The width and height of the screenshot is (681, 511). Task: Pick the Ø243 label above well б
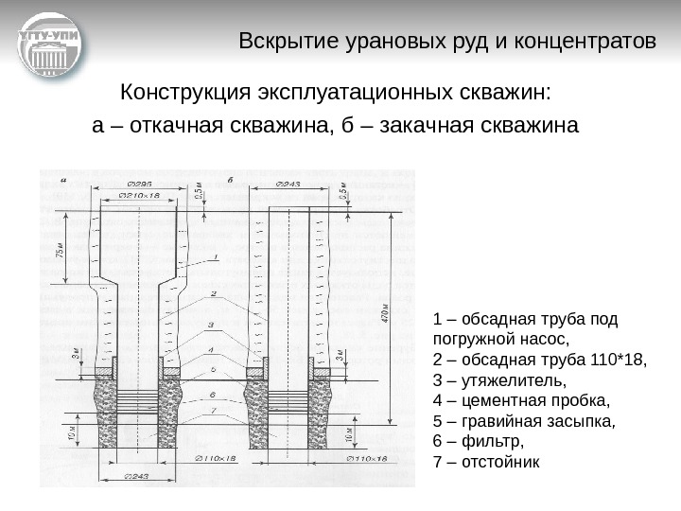coord(287,183)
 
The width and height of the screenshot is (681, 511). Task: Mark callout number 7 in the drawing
coord(213,409)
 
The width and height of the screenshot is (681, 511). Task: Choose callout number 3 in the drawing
coord(211,325)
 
